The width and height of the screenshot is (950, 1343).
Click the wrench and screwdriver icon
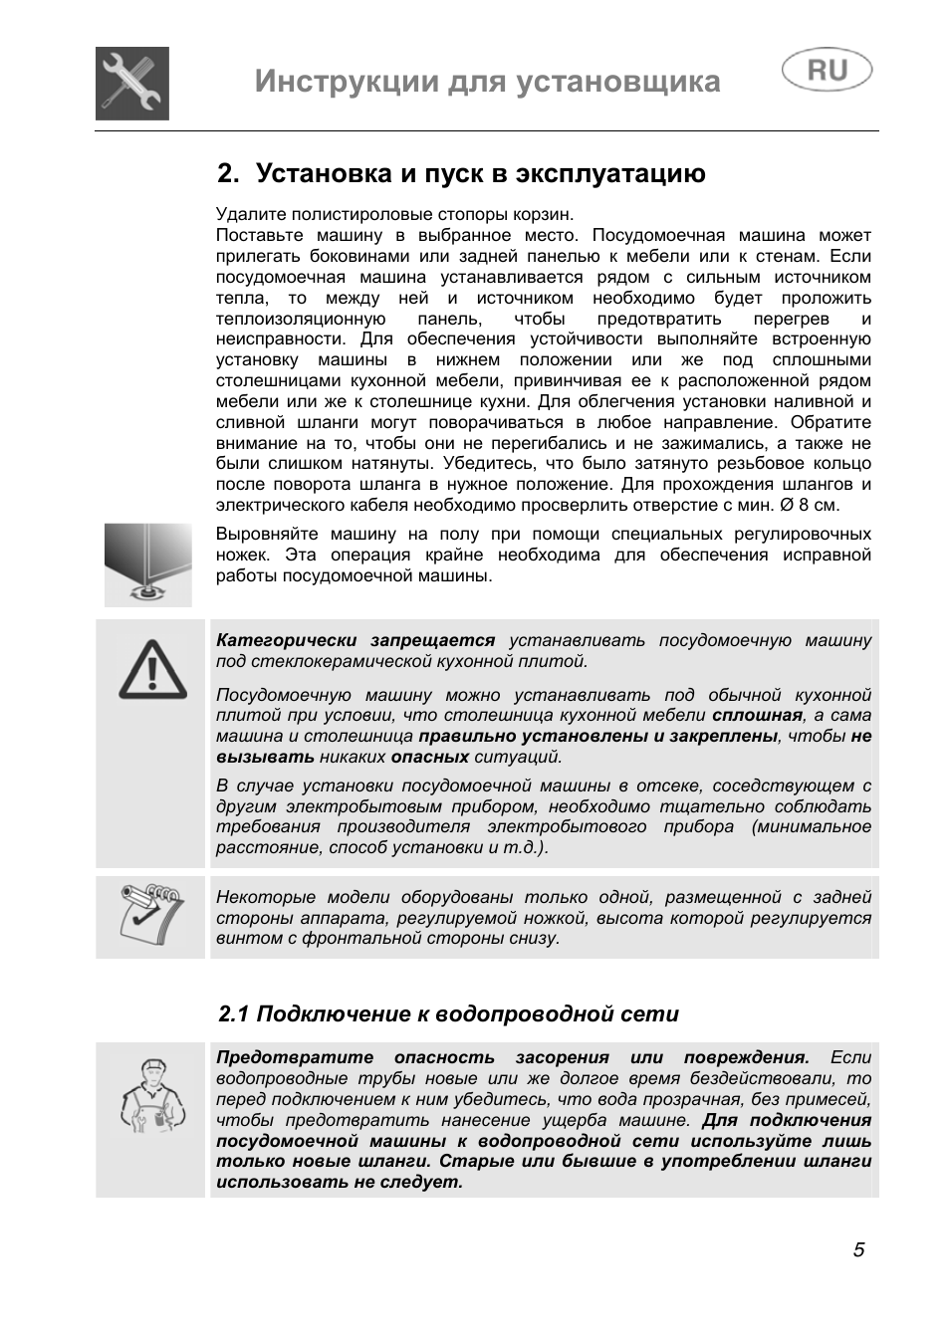pyautogui.click(x=132, y=84)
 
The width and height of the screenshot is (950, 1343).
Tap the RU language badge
pyautogui.click(x=827, y=71)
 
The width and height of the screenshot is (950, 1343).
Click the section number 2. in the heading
pyautogui.click(x=229, y=174)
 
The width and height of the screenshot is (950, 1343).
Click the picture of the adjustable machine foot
pyautogui.click(x=148, y=564)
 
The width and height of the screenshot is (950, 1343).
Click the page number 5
pyautogui.click(x=858, y=1250)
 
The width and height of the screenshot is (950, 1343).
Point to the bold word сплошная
pyautogui.click(x=757, y=715)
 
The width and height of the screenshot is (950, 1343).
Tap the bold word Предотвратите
pyautogui.click(x=295, y=1057)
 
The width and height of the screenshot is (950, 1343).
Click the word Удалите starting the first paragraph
pyautogui.click(x=245, y=214)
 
